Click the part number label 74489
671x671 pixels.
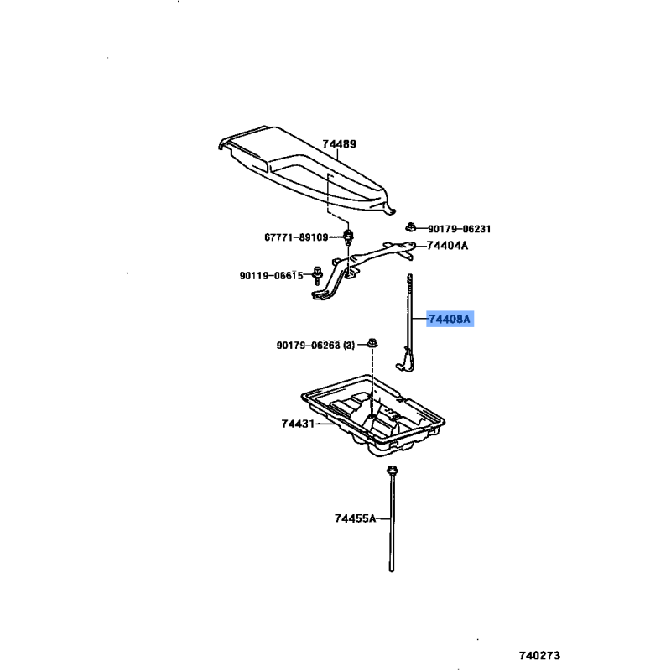[339, 143]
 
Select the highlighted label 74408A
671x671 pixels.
[450, 319]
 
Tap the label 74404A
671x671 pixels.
[448, 246]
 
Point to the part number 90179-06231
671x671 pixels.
[459, 229]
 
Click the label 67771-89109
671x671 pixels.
[296, 237]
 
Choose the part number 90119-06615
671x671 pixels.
[271, 276]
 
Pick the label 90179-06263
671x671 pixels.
[308, 345]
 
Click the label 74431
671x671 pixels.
[298, 424]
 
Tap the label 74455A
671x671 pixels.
[355, 518]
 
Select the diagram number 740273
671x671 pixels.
[539, 655]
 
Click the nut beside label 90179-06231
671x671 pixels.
[411, 226]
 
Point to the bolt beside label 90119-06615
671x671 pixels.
[317, 276]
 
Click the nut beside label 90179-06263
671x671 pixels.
[372, 343]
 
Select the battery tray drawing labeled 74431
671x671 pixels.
[372, 415]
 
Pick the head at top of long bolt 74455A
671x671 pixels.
[391, 471]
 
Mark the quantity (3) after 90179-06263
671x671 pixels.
[349, 345]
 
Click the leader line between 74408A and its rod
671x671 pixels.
[419, 320]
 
